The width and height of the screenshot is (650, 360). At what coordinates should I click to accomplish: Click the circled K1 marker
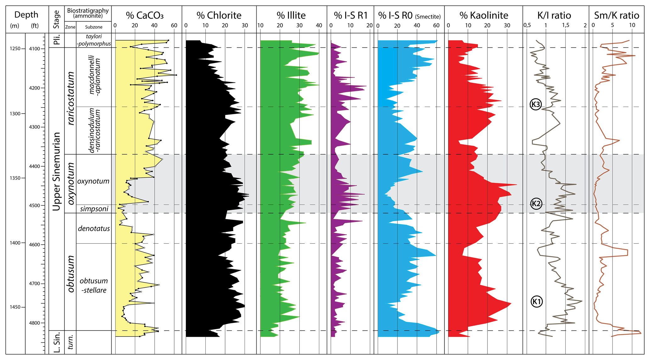coord(536,302)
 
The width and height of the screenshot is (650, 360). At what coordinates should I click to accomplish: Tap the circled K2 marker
coord(536,203)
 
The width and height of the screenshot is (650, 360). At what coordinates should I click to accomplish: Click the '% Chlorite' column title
coord(219,15)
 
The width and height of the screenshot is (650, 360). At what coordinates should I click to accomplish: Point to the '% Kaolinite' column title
coord(484,15)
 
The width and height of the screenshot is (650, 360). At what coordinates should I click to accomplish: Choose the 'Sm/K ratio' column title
coord(616,15)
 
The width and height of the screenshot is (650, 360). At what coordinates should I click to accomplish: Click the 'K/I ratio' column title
coord(554,15)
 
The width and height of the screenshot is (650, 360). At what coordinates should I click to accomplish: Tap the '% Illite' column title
coord(291,15)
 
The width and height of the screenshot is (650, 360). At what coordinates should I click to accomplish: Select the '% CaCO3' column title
coord(145,15)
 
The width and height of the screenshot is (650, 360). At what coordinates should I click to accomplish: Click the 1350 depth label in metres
coord(15,178)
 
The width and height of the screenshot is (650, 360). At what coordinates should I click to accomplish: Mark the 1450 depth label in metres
coord(15,307)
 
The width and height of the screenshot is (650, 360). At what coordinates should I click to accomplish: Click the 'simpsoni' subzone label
coord(94,209)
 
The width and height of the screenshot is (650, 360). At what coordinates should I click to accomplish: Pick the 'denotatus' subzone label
coord(94,229)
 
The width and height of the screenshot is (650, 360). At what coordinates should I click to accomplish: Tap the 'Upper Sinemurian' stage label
coord(56,171)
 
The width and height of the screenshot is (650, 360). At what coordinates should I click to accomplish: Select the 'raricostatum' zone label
coord(71,98)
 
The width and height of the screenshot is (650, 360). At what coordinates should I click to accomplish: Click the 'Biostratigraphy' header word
coord(88,10)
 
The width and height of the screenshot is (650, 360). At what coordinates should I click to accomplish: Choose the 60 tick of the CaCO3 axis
coord(174,25)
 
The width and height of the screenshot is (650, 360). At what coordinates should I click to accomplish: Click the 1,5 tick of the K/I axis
coord(565,25)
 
